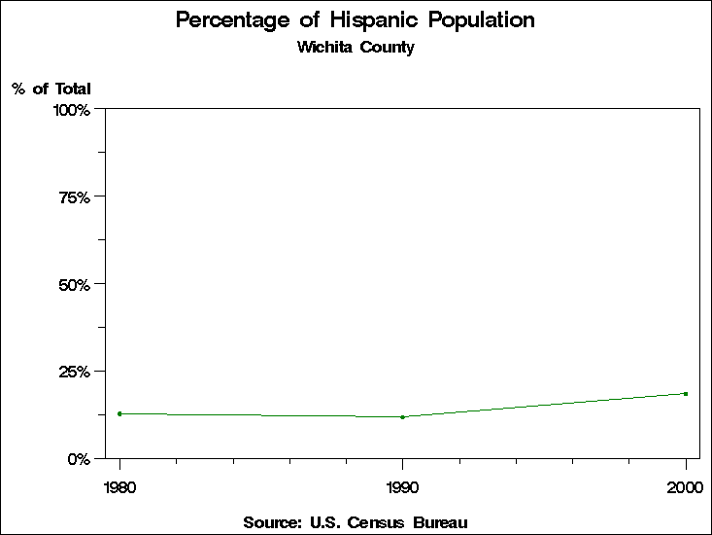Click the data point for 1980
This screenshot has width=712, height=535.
click(119, 413)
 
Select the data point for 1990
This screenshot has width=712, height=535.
click(402, 417)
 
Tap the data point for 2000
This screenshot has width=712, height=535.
click(686, 394)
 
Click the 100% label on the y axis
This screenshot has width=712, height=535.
click(72, 110)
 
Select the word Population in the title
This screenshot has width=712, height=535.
click(485, 20)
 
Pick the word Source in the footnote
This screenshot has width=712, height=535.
click(273, 523)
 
